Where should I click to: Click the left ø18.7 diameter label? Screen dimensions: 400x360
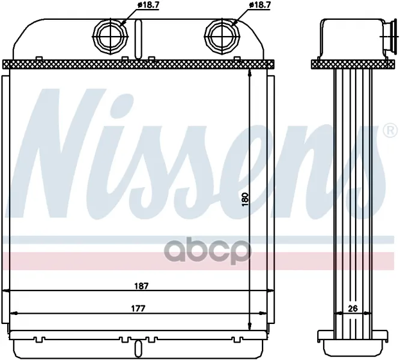(x=147, y=5)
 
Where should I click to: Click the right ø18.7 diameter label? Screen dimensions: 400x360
(x=259, y=5)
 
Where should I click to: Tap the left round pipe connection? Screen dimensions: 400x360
(x=111, y=37)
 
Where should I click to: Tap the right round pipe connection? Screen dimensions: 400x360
(x=222, y=37)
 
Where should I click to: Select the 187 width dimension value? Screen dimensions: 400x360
(x=141, y=286)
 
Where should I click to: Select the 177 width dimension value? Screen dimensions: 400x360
(x=138, y=308)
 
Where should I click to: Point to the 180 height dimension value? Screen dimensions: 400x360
(x=244, y=199)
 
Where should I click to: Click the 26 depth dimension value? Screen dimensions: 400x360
(x=353, y=308)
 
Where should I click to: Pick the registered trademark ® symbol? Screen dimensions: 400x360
(x=390, y=131)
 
